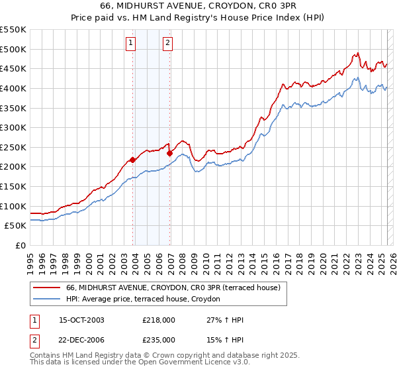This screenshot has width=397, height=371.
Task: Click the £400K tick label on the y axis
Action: pyautogui.click(x=13, y=88)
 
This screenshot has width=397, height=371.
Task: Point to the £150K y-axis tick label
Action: pyautogui.click(x=13, y=186)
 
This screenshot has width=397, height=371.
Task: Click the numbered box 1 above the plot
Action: pyautogui.click(x=130, y=44)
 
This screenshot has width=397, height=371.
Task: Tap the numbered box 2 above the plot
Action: pyautogui.click(x=168, y=44)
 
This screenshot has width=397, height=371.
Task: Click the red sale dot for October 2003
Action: pyautogui.click(x=133, y=160)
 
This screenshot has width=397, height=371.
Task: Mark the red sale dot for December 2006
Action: pyautogui.click(x=170, y=153)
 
